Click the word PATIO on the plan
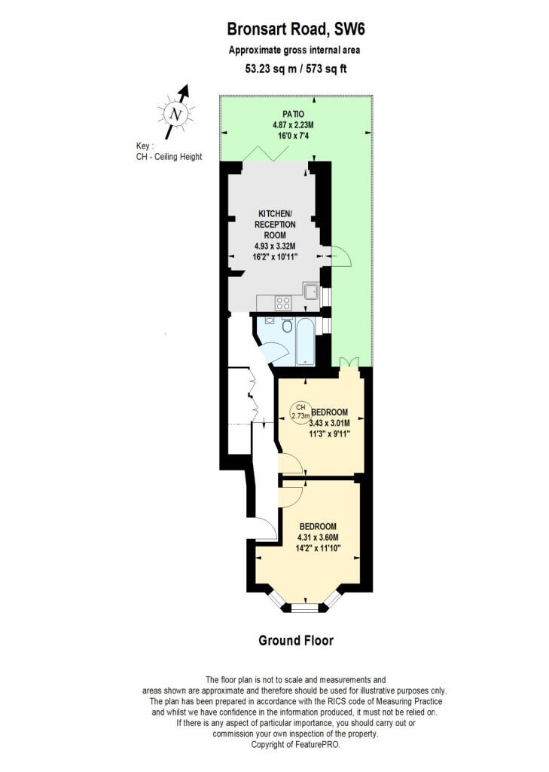point(293,115)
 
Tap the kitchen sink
point(311,292)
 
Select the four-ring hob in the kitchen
point(283,302)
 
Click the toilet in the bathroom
point(287,324)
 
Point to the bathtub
point(306,342)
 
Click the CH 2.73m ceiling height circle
point(301,412)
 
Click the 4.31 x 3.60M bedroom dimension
point(318,537)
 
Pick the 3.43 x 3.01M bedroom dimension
point(330,423)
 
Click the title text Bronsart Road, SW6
point(296,29)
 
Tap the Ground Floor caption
point(296,641)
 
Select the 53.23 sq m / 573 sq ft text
point(296,69)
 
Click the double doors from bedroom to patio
point(349,362)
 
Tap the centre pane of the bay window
point(305,608)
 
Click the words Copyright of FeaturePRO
point(295,744)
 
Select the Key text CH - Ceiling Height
point(169,157)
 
